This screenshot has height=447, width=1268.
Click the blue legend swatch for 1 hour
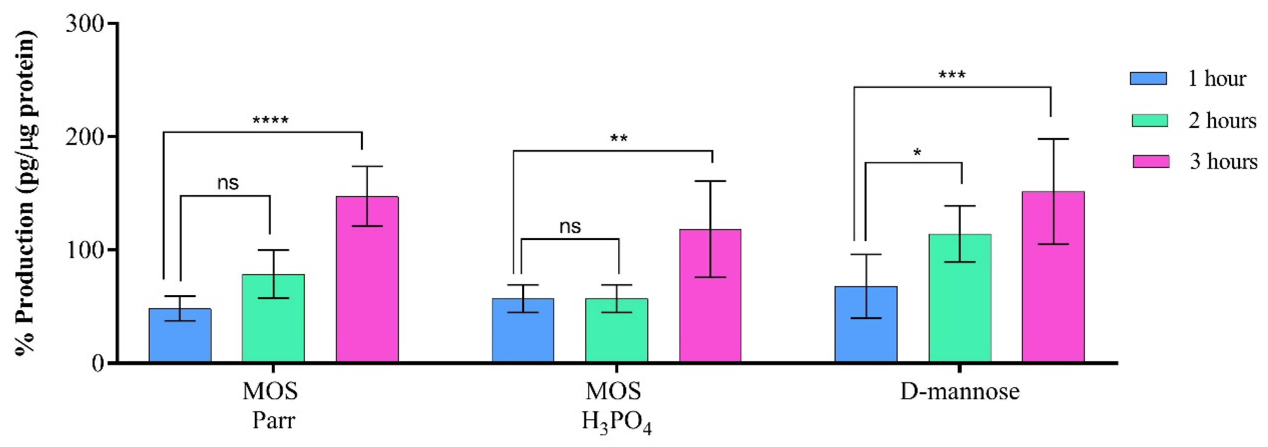[x=1148, y=79]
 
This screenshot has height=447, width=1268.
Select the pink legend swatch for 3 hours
[x=1151, y=162]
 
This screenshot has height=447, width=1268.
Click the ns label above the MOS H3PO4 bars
[x=570, y=227]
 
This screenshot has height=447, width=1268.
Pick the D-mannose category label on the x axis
[x=959, y=392]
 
